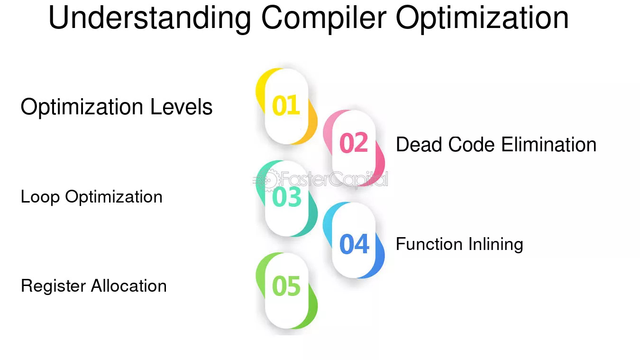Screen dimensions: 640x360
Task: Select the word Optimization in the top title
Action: [482, 18]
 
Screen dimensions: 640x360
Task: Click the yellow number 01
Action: [286, 105]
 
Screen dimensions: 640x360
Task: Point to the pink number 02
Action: [354, 143]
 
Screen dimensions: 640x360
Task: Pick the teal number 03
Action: [286, 197]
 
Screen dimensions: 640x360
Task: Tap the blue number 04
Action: [354, 244]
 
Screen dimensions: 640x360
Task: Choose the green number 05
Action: [286, 286]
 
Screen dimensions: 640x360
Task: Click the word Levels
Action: [181, 107]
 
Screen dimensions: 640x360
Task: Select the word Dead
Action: [419, 144]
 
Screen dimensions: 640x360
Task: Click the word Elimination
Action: [549, 144]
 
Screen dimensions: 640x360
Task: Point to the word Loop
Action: [40, 197]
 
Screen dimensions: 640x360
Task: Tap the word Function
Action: [429, 244]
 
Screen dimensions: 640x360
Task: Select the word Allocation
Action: [128, 286]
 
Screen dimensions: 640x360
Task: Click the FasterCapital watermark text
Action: [334, 179]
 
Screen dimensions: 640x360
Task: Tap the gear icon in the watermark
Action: [268, 180]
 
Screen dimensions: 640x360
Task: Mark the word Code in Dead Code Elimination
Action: [471, 144]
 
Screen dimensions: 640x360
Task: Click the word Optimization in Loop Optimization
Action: [114, 197]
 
